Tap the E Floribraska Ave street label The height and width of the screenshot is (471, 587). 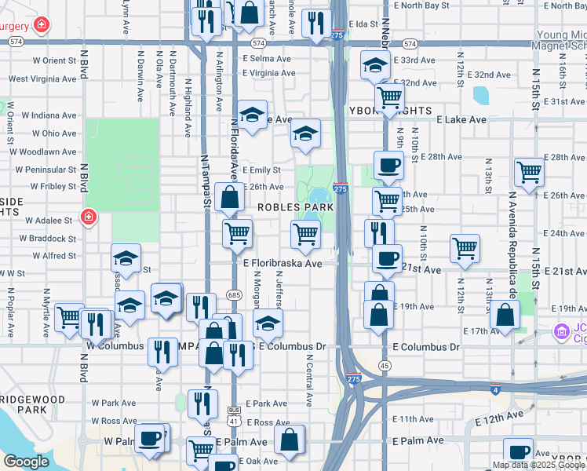pyautogui.click(x=283, y=265)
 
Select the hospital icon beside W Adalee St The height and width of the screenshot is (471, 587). pyautogui.click(x=89, y=216)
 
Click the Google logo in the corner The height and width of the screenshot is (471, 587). pyautogui.click(x=26, y=462)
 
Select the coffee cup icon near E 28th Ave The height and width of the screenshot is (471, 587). pyautogui.click(x=388, y=166)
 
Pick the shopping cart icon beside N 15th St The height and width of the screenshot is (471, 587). pyautogui.click(x=530, y=172)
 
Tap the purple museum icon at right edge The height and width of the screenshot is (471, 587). pyautogui.click(x=560, y=332)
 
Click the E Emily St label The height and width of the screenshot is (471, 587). pyautogui.click(x=261, y=170)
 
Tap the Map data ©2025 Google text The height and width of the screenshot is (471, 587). pyautogui.click(x=538, y=465)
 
